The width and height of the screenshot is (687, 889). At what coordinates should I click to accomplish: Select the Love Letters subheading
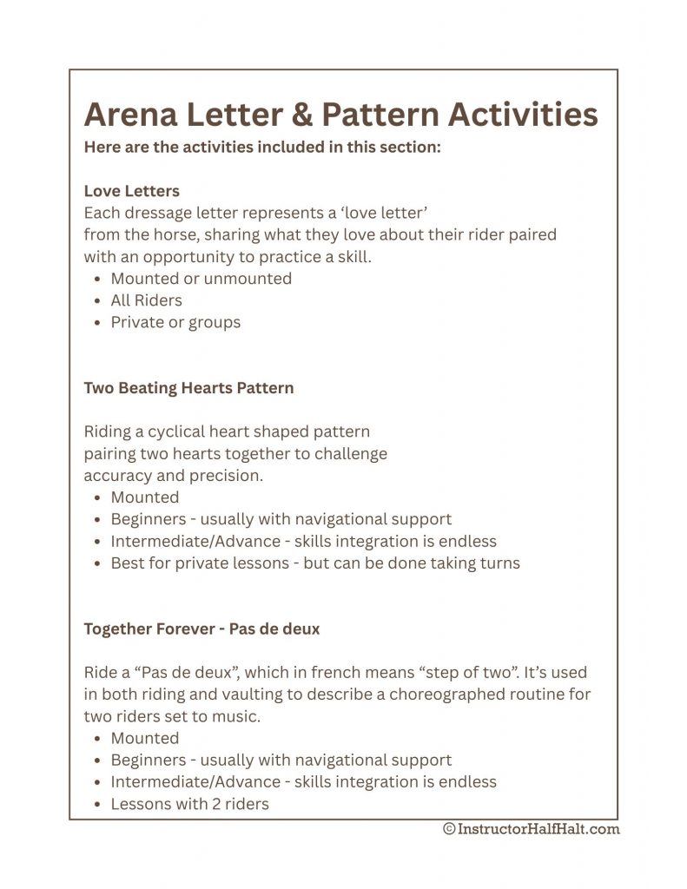(x=131, y=191)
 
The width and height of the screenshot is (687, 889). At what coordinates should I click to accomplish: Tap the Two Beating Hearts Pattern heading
(x=188, y=388)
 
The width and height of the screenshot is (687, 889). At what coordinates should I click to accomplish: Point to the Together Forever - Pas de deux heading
(x=201, y=629)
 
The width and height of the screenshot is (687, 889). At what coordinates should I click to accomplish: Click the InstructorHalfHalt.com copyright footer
(x=531, y=829)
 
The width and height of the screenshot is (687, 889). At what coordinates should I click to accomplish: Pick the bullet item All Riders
(x=146, y=300)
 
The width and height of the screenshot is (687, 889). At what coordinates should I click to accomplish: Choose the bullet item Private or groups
(x=175, y=322)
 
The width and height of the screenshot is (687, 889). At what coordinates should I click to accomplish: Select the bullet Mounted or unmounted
(x=201, y=279)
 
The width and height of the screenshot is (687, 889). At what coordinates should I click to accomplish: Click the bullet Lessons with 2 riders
(x=189, y=804)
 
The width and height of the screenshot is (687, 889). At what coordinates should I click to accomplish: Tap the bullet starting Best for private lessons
(x=314, y=563)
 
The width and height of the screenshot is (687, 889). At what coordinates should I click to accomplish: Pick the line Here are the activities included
(x=263, y=147)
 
